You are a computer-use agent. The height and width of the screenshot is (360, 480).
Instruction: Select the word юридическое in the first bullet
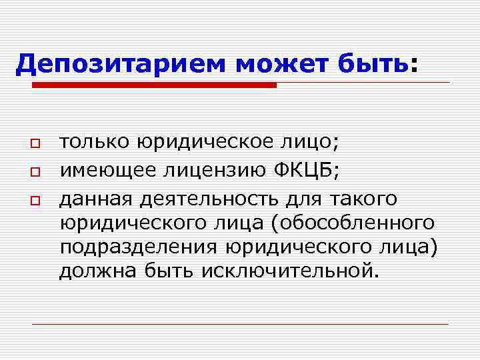(x=201, y=141)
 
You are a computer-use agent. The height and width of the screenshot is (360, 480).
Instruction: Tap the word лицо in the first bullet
(x=304, y=141)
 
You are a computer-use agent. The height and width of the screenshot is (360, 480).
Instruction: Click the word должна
(x=95, y=271)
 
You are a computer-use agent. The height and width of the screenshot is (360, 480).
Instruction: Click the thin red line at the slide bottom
(x=240, y=324)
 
